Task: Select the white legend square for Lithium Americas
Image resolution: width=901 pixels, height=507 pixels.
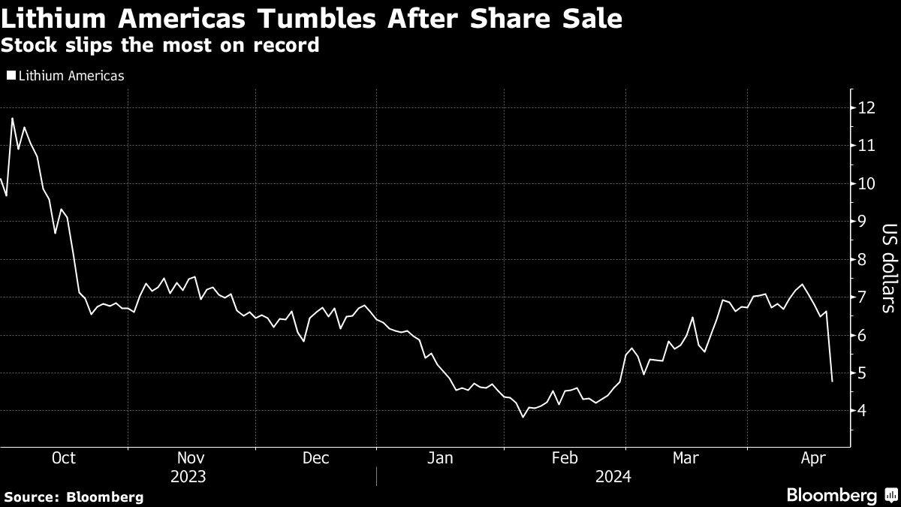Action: [11, 75]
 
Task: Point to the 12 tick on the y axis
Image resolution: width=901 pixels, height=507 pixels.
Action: [866, 108]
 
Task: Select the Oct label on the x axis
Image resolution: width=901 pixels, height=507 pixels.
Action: [63, 457]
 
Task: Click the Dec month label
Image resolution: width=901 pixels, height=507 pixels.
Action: [315, 457]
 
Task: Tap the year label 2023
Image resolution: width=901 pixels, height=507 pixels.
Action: [188, 476]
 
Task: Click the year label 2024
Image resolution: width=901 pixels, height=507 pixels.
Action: [613, 476]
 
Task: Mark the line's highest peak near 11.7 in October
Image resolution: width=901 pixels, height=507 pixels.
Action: [12, 119]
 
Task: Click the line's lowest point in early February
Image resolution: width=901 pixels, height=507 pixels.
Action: [523, 417]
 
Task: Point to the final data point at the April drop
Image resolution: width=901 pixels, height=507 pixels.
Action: [832, 382]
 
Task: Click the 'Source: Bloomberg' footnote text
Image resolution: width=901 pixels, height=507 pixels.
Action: [74, 496]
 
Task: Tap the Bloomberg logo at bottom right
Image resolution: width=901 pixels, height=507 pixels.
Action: [840, 495]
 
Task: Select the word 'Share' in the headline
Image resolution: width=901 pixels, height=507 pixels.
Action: [500, 19]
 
